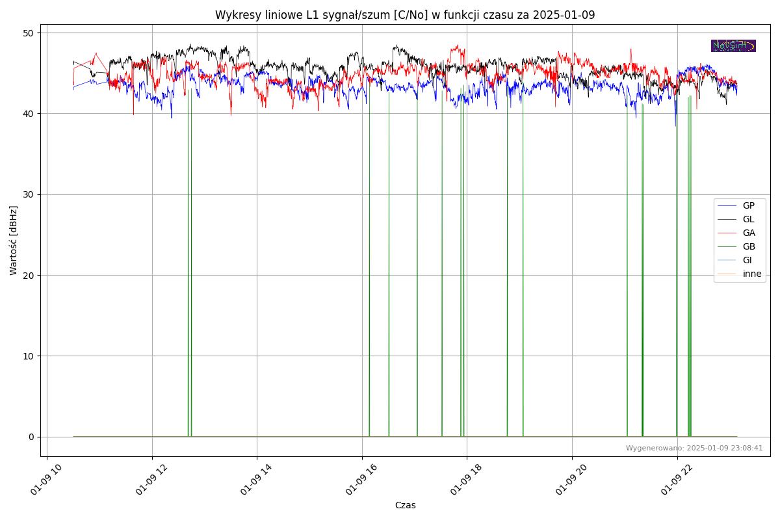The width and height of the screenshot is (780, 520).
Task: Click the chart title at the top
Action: pyautogui.click(x=405, y=15)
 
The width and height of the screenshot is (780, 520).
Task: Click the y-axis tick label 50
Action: pyautogui.click(x=29, y=33)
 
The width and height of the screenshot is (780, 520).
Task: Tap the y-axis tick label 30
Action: pyautogui.click(x=29, y=194)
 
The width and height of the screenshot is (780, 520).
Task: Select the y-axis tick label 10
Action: pyautogui.click(x=29, y=356)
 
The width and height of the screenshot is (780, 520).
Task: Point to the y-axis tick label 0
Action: pyautogui.click(x=31, y=437)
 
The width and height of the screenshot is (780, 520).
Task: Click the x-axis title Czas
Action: pyautogui.click(x=405, y=505)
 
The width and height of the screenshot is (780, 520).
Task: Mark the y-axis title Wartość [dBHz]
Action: pyautogui.click(x=14, y=240)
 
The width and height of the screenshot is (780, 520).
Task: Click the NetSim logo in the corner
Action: pyautogui.click(x=733, y=45)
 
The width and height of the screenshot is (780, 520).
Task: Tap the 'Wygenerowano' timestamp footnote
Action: pyautogui.click(x=694, y=448)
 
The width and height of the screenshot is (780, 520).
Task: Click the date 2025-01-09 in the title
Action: pyautogui.click(x=564, y=15)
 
